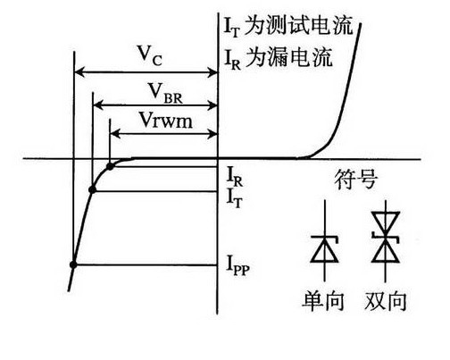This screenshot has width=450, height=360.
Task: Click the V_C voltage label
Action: pos(149,54)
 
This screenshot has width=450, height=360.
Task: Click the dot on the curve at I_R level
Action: pos(110,165)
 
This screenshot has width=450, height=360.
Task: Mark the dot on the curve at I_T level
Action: pos(93,188)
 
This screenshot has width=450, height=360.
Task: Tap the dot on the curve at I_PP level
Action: pos(73,264)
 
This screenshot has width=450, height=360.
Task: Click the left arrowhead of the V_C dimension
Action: pos(77,71)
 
